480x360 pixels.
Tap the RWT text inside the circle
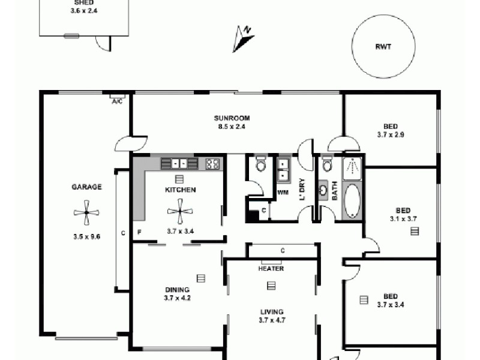pyautogui.click(x=383, y=47)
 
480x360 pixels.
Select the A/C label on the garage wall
pyautogui.click(x=117, y=101)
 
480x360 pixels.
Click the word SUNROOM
pyautogui.click(x=232, y=118)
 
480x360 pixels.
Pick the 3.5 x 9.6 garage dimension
pyautogui.click(x=86, y=236)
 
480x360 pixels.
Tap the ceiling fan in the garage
pyautogui.click(x=86, y=212)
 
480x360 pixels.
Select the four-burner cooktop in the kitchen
pyautogui.click(x=212, y=163)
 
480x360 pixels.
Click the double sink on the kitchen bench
pyautogui.click(x=179, y=163)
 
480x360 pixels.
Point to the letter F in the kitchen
pyautogui.click(x=140, y=232)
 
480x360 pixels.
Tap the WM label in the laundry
pyautogui.click(x=283, y=193)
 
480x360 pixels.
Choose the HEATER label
pyautogui.click(x=271, y=268)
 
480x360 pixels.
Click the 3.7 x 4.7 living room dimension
pyautogui.click(x=271, y=320)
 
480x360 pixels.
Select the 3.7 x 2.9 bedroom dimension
pyautogui.click(x=391, y=135)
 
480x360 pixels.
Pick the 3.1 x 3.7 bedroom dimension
pyautogui.click(x=403, y=219)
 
